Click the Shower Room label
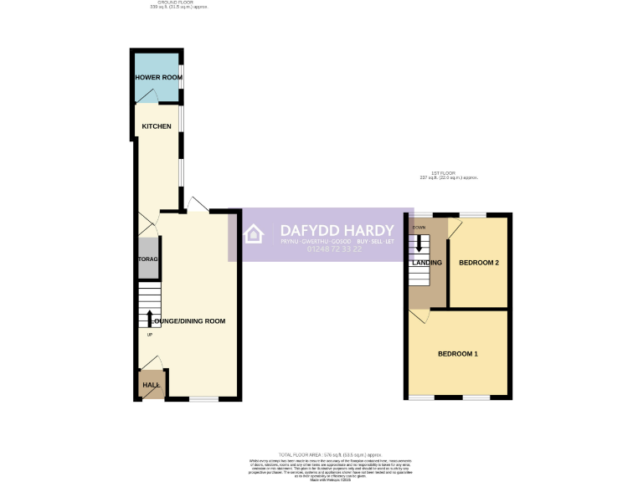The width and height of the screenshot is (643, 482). pos(159,78)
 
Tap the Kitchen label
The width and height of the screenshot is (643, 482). pos(157,126)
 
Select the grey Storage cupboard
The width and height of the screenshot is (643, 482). pos(148,259)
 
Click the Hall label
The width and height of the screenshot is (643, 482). pos(151,385)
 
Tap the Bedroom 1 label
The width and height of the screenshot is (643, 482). pos(458,354)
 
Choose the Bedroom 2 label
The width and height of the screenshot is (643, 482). pos(479,263)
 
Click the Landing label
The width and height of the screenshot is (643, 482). pos(427,263)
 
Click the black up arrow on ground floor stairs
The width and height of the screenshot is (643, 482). pos(150,319)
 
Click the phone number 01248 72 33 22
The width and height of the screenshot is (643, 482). pos(334,249)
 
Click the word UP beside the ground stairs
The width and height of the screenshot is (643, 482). pos(150,336)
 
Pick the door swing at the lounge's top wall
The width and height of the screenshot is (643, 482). pos(198,203)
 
